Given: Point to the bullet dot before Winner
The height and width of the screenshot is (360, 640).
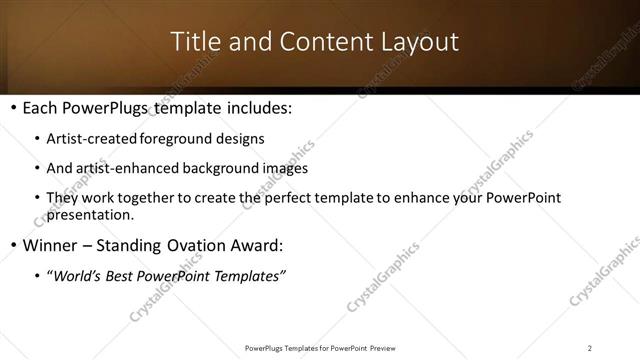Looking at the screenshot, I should (12, 245).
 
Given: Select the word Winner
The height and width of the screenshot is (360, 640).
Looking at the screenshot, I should (48, 245).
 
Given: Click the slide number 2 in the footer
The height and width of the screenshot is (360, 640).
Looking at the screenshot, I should (590, 348).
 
